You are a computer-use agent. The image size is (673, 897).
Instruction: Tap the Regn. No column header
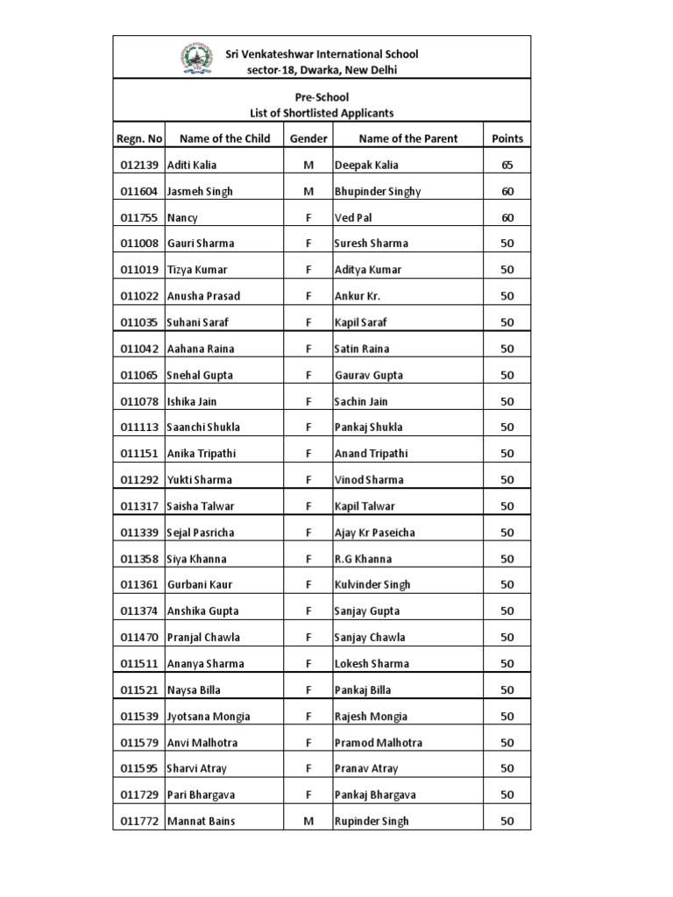138,138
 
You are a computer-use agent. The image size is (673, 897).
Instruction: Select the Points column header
507,138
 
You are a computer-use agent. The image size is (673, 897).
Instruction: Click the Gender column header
308,138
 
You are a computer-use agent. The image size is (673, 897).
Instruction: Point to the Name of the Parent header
408,138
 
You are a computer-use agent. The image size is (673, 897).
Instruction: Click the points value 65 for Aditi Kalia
507,165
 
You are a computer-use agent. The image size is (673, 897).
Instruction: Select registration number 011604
138,191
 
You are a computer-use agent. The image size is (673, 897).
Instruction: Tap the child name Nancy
182,217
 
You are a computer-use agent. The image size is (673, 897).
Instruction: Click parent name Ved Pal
354,217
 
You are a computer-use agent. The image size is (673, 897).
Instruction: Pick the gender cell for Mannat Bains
308,822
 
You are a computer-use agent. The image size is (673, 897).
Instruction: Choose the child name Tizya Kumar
197,270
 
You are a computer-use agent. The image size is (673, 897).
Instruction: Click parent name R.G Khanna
363,559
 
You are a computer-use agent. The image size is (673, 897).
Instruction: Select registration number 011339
138,533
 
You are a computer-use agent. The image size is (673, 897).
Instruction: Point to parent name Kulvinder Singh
372,585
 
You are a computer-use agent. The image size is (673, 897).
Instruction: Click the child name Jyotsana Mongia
209,717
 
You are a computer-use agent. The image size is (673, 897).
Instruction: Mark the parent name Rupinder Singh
372,822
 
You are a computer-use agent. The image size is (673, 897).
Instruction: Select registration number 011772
138,822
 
